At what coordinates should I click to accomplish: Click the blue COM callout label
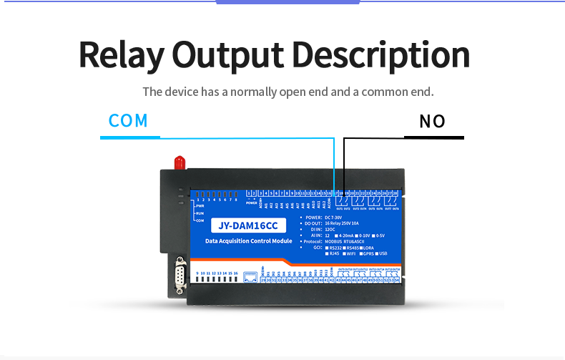coord(129,120)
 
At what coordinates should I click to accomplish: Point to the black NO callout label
coord(433,121)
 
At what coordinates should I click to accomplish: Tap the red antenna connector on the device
coord(180,161)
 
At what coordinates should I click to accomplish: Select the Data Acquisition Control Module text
coord(249,242)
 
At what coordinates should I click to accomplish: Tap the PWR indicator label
coord(200,206)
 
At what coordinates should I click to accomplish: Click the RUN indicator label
coord(200,214)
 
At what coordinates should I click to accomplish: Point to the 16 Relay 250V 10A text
coord(343,223)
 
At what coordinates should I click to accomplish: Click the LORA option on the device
coord(376,248)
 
